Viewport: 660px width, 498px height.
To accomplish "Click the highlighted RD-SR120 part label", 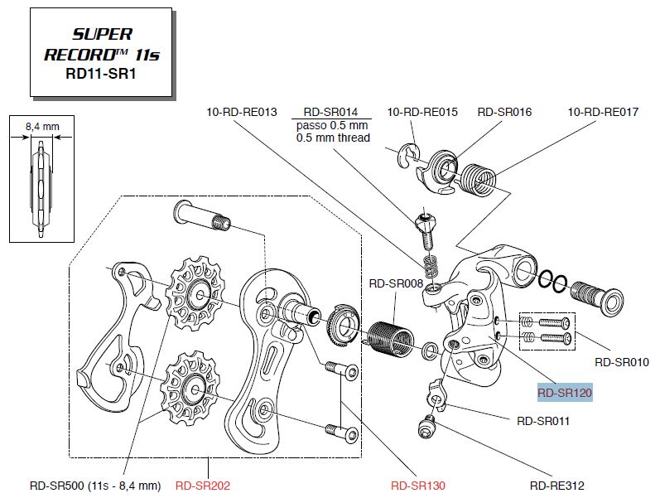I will click(x=565, y=394).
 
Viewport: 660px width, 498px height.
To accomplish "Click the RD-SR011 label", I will click(x=543, y=421).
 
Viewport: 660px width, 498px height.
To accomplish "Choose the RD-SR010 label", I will click(x=621, y=362).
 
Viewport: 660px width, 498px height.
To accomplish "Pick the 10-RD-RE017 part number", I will click(x=603, y=112).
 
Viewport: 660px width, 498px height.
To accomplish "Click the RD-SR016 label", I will click(x=504, y=112).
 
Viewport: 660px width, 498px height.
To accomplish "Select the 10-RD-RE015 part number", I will click(x=422, y=112).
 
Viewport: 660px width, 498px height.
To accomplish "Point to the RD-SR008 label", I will click(x=396, y=283).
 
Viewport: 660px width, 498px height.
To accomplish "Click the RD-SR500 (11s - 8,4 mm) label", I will click(x=94, y=486).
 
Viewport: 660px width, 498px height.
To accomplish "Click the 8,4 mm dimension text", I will click(x=42, y=126).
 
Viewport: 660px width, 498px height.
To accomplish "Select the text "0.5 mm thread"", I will click(x=333, y=138).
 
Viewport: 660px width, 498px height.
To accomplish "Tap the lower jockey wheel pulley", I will click(x=192, y=386).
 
